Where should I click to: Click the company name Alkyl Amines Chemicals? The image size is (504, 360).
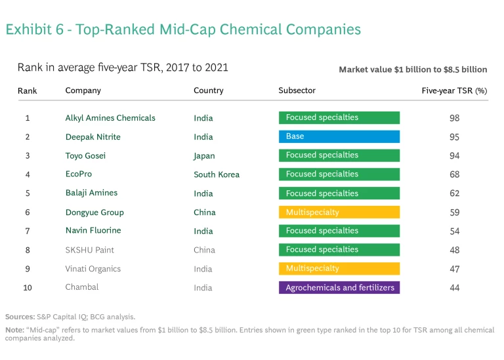click(110, 118)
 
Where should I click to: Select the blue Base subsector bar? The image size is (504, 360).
click(339, 136)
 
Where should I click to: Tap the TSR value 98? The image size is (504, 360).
click(454, 118)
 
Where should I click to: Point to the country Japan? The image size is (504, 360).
click(204, 156)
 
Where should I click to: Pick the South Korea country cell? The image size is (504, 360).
click(217, 174)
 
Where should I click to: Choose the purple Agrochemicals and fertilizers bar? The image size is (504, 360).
click(339, 288)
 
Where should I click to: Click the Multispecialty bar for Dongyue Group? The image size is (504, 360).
click(339, 212)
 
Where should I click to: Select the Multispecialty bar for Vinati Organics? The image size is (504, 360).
click(339, 269)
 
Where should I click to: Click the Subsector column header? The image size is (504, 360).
click(297, 90)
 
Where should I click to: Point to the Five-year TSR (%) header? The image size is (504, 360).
click(454, 90)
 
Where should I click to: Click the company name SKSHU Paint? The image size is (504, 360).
click(90, 250)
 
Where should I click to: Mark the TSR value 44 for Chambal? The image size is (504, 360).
click(454, 288)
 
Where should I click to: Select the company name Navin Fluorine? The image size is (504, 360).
click(93, 231)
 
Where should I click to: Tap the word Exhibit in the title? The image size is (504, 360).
click(28, 30)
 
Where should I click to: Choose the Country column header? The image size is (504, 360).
click(209, 90)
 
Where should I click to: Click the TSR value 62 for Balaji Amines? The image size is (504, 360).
click(454, 193)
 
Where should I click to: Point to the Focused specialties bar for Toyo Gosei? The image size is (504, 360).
click(339, 155)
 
